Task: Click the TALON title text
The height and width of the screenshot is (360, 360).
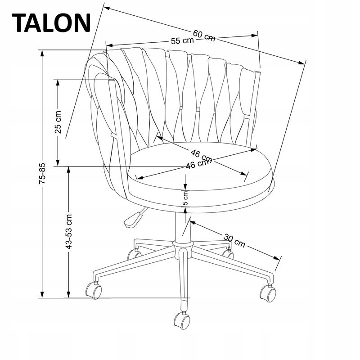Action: point(51,23)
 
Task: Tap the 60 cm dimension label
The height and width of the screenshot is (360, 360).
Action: point(204,36)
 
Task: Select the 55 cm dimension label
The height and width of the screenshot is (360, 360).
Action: point(183,40)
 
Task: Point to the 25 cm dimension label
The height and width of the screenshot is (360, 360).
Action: point(58,122)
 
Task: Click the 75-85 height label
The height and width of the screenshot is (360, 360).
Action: point(42,173)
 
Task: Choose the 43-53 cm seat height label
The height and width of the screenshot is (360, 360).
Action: point(69,231)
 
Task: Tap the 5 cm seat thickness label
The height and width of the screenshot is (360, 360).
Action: point(185,198)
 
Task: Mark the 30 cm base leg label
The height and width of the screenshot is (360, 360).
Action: point(234,240)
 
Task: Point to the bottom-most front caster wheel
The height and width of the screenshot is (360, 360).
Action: point(182,320)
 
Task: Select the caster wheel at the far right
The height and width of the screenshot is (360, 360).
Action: point(268,294)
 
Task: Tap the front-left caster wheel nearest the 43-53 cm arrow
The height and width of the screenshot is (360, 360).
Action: point(94,290)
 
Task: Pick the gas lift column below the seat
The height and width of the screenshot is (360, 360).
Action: point(183,227)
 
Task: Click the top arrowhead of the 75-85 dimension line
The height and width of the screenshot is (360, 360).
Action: point(42,53)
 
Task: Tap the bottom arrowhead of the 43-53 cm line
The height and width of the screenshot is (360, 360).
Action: point(68,295)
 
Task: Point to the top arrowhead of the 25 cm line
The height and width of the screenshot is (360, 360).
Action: point(58,82)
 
